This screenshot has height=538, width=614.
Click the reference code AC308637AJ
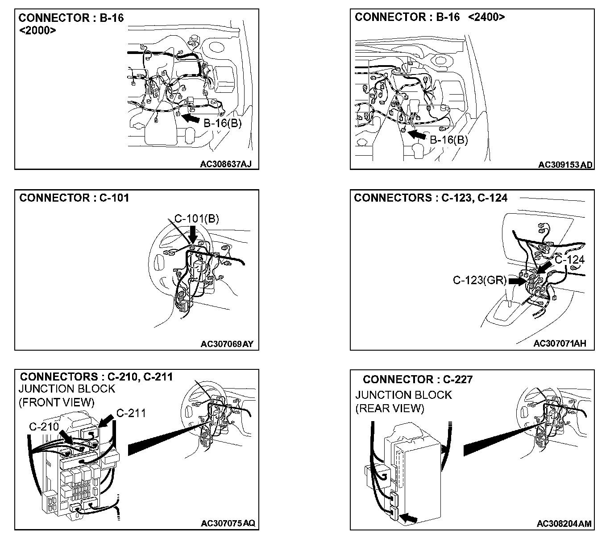[226, 164]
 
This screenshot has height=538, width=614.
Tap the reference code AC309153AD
[565, 165]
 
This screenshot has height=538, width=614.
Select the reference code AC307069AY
[227, 344]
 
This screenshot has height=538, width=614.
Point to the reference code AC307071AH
[560, 343]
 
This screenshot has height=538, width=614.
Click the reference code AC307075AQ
[228, 523]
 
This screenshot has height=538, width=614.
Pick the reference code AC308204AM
[564, 524]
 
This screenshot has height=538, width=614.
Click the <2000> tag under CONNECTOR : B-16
[38, 30]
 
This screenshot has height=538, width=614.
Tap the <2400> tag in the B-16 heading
[487, 17]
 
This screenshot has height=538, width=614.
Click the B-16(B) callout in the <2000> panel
[222, 123]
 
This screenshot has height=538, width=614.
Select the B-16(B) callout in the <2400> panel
[449, 140]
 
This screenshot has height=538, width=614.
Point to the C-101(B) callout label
[196, 219]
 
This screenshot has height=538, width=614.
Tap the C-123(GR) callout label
[480, 280]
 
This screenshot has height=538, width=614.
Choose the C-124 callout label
[570, 260]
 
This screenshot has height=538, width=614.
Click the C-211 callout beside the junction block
[131, 413]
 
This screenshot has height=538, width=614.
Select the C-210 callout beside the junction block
[44, 426]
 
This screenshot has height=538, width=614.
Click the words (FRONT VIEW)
[56, 402]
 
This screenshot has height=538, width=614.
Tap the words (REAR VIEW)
[390, 408]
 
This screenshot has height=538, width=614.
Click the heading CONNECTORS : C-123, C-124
[430, 198]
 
